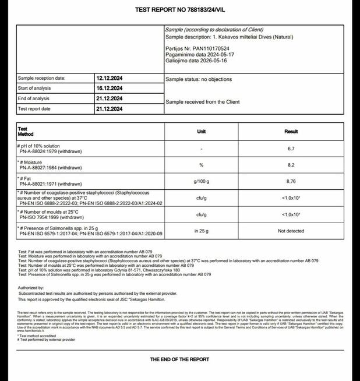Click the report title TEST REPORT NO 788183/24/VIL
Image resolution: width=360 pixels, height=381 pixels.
[179, 10]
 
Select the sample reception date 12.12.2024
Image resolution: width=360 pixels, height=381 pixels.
[109, 78]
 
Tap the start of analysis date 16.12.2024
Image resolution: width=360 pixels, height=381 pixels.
[109, 89]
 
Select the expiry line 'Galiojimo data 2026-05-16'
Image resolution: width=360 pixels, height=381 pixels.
[198, 61]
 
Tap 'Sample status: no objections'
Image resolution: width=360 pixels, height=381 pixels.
[199, 79]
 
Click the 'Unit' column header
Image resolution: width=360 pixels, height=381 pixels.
[202, 132]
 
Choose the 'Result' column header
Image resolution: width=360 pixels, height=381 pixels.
[291, 132]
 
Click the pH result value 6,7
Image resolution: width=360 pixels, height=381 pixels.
[291, 149]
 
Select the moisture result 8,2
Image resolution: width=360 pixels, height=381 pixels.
[291, 165]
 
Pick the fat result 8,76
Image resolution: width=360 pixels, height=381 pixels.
[291, 182]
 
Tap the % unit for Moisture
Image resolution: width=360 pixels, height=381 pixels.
[202, 165]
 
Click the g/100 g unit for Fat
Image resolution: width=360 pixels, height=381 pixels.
[202, 182]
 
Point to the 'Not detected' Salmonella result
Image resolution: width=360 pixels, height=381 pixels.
[291, 231]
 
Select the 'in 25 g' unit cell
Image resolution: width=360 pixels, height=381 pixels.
[202, 231]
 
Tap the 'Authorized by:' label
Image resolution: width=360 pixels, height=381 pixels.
[31, 288]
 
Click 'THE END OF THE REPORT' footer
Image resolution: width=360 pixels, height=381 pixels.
[179, 359]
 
